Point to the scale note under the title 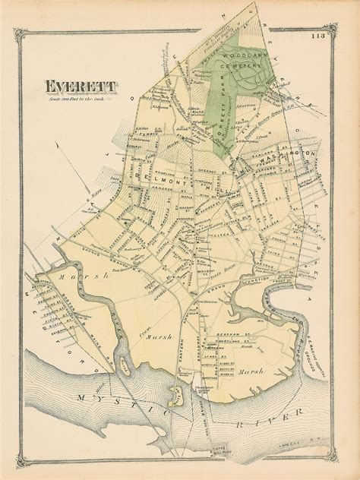point(78,99)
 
